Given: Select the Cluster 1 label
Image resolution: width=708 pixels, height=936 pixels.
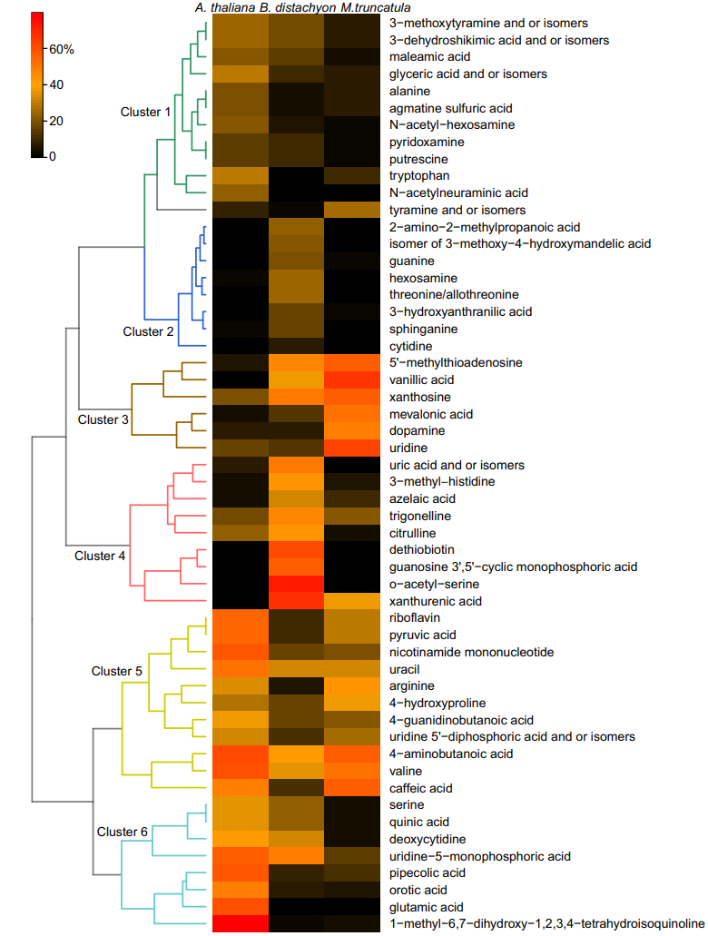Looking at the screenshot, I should pos(145,112).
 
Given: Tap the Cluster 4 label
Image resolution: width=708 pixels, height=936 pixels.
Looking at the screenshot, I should pos(100,556).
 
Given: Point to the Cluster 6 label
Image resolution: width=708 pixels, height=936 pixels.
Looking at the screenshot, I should pos(122,832).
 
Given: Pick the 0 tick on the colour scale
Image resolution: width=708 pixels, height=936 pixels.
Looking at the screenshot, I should pos(54,156).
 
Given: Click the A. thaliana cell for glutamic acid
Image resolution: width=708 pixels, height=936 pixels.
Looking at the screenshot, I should pos(240,907).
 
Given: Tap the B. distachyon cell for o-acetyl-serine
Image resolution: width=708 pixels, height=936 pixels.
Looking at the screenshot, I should pos(296,584).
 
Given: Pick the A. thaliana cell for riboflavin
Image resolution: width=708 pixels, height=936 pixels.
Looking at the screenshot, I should pos(240,618).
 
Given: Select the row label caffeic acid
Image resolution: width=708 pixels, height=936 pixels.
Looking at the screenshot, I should pos(420,788).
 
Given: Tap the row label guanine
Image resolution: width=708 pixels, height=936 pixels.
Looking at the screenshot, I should pos(410,261).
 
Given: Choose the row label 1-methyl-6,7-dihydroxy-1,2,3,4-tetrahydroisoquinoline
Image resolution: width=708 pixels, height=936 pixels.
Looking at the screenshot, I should pos(546,923).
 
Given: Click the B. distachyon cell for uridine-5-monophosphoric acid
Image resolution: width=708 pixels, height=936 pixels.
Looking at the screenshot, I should pos(296,856).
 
